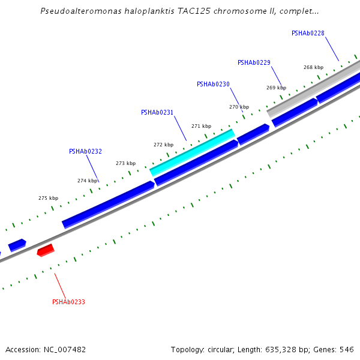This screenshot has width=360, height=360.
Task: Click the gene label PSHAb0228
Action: [308, 33]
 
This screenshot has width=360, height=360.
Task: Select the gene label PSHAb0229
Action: [254, 62]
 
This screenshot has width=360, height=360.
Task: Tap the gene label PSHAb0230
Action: [213, 84]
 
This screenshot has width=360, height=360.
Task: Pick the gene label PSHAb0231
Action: [157, 112]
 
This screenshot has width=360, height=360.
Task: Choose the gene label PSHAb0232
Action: [85, 151]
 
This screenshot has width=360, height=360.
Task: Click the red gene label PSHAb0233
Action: [68, 302]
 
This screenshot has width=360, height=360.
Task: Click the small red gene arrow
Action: [46, 250]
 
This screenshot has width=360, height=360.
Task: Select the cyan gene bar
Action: [192, 152]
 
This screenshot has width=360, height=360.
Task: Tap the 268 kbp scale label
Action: [313, 67]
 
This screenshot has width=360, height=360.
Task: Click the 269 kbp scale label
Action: [276, 88]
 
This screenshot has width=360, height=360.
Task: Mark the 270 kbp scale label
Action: [239, 107]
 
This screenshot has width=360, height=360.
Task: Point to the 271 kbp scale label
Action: [201, 126]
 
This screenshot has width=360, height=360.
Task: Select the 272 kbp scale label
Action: [163, 145]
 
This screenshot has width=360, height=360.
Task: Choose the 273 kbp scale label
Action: [125, 163]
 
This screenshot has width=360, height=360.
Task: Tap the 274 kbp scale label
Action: [87, 181]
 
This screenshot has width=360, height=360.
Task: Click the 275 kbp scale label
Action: [48, 198]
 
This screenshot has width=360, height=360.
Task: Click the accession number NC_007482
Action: [64, 349]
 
